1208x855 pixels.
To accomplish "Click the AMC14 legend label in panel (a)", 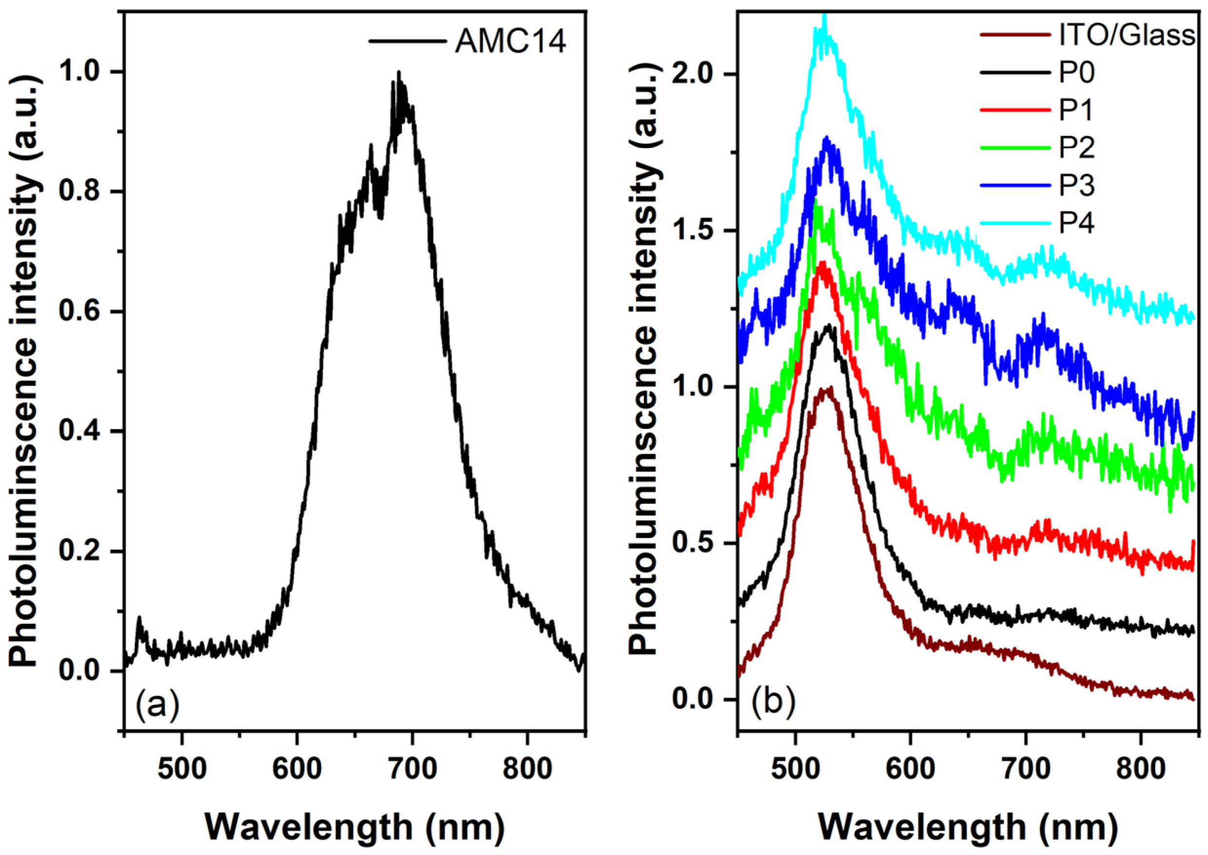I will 510,42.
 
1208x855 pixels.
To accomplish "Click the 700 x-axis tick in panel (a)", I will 413,769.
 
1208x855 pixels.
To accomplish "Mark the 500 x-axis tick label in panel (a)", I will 181,769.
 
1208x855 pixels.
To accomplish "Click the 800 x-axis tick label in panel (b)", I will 1141,769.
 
